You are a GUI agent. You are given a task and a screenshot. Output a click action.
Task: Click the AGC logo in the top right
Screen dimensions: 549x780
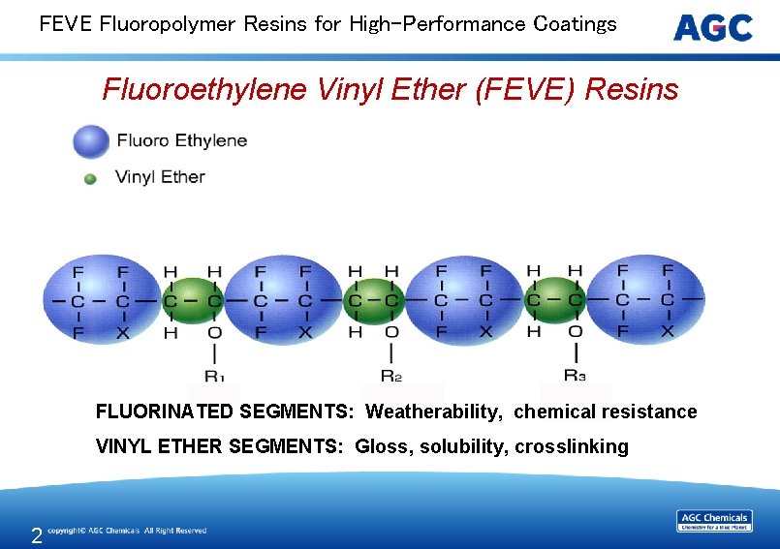[x=713, y=27]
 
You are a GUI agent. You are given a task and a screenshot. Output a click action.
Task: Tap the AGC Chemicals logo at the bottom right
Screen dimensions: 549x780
[x=714, y=520]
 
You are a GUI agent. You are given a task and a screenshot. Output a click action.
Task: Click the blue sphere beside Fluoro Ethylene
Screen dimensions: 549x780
[x=91, y=141]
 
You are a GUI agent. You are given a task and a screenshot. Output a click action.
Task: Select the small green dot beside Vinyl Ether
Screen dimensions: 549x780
[x=90, y=178]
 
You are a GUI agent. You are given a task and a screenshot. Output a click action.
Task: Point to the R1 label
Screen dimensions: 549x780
[x=215, y=375]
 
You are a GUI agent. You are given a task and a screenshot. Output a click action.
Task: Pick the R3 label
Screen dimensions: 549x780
[x=575, y=375]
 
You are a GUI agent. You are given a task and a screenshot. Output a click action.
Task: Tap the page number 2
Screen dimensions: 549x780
[x=36, y=535]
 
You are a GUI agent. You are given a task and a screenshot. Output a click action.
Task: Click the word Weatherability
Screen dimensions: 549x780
[x=434, y=412]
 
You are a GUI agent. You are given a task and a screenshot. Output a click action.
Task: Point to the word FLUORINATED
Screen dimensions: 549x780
[x=165, y=412]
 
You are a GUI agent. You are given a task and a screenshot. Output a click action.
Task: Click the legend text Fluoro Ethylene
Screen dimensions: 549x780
[x=182, y=141]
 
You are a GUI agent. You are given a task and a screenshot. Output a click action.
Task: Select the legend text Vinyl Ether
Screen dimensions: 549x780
[x=160, y=177]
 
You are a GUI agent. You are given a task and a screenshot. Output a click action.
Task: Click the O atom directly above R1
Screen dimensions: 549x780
[x=214, y=333]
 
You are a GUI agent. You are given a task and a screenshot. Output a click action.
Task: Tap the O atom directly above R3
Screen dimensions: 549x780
[x=575, y=333]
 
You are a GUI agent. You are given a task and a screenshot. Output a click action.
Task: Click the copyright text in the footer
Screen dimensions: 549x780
[x=127, y=531]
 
